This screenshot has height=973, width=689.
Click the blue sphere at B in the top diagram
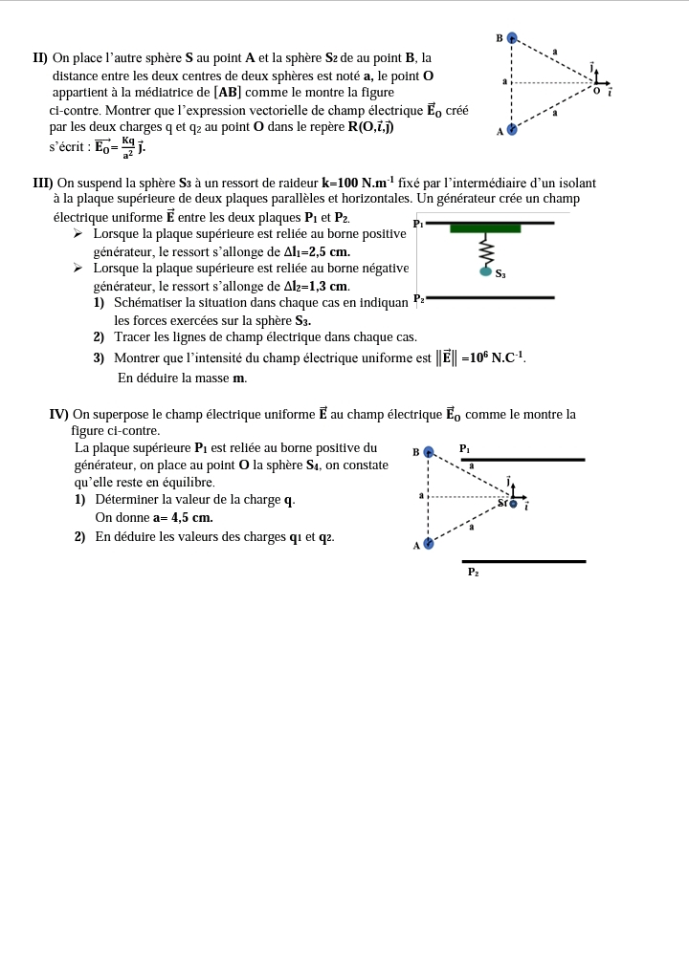(512, 38)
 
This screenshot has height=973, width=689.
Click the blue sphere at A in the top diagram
(512, 129)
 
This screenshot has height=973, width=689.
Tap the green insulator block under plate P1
(485, 228)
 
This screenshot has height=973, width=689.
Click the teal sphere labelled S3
(485, 271)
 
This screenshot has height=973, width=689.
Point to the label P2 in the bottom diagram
(473, 572)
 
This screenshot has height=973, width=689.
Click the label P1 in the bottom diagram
(465, 448)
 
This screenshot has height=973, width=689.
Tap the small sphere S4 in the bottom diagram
(514, 504)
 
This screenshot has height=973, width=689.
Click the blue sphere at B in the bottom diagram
(429, 452)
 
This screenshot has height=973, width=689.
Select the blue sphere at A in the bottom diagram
(429, 543)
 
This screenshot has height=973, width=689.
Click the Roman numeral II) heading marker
(40, 58)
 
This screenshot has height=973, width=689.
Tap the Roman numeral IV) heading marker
(58, 414)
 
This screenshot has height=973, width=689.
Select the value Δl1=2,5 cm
(310, 251)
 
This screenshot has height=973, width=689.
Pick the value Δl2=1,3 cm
(317, 286)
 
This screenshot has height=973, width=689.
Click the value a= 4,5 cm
(183, 517)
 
